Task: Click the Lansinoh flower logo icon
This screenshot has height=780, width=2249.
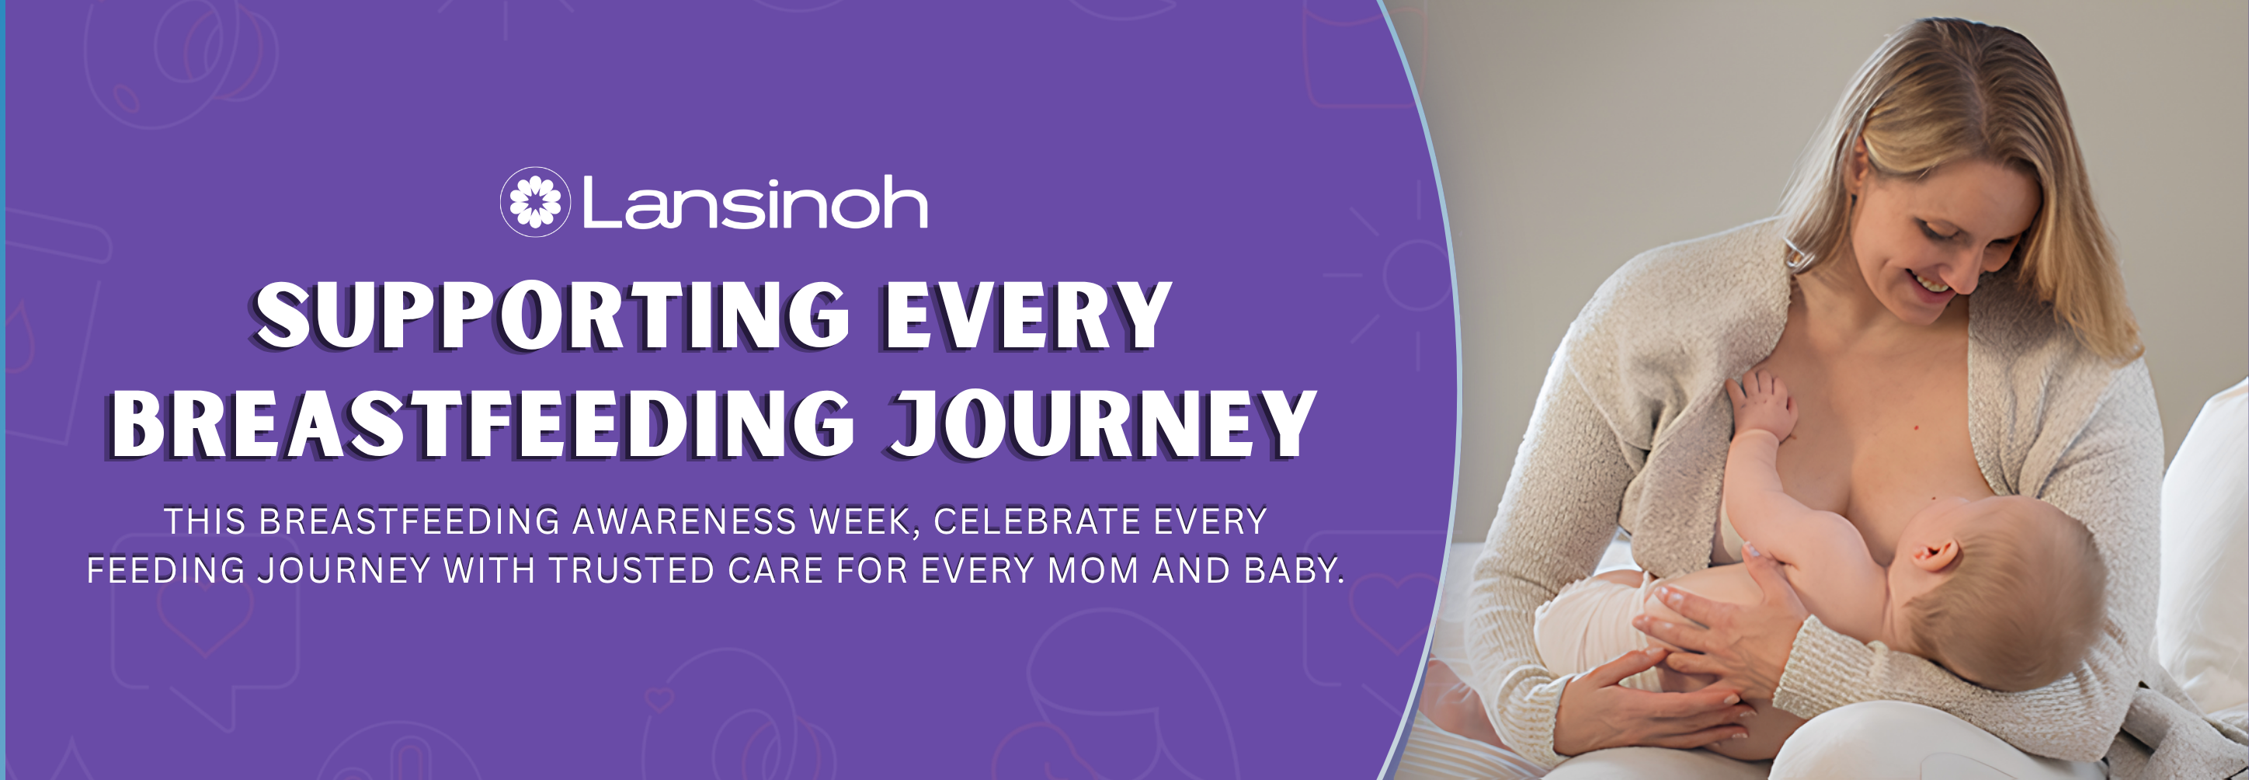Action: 534,202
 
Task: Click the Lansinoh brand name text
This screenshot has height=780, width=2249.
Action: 755,203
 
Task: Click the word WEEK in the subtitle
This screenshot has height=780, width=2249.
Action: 865,521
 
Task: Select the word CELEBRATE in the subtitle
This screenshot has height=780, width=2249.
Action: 1038,521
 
